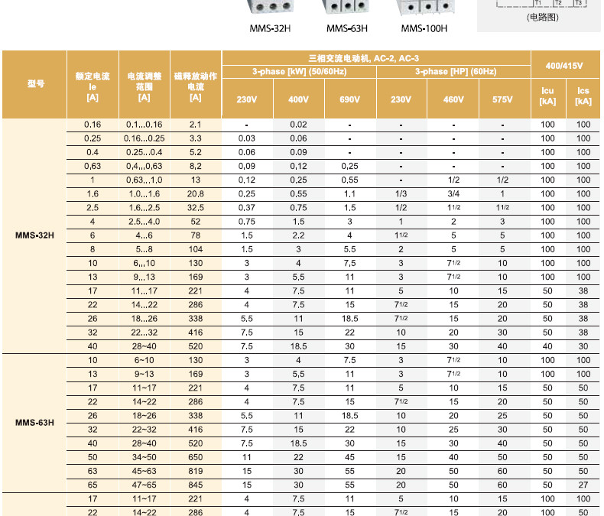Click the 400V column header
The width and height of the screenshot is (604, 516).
coord(298,100)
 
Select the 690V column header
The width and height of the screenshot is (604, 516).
coord(349,100)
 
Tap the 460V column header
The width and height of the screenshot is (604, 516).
coord(453,100)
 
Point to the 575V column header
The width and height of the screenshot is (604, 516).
coord(502,100)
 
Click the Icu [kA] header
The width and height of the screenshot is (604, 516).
coord(547,96)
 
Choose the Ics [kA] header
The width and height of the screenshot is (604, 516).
coord(583,96)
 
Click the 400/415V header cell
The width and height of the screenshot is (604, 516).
coord(566,66)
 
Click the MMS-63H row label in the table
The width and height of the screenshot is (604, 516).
coord(35,422)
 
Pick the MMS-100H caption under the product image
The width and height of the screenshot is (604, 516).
coord(424,29)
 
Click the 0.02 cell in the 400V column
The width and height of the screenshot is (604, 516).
coord(298,125)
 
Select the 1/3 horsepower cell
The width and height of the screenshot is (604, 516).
coord(401,194)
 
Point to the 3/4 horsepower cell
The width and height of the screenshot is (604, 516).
coord(453,194)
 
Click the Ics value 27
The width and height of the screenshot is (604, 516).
coord(583,484)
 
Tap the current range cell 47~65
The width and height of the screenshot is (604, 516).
coord(145,484)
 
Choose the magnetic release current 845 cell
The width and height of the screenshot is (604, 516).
coord(195,484)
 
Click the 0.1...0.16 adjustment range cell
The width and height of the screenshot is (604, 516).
coord(145,125)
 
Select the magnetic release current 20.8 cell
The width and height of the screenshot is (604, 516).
coord(195,194)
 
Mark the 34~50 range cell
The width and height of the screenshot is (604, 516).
coord(145,456)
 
